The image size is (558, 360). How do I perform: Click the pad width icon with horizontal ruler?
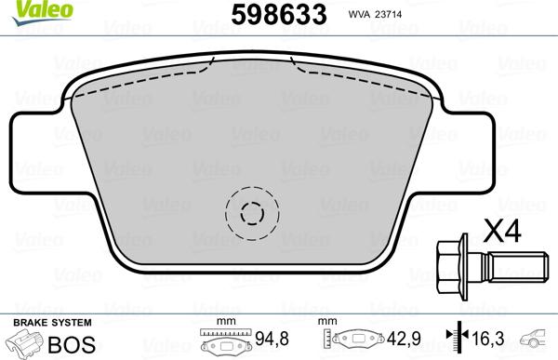[x=222, y=340]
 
